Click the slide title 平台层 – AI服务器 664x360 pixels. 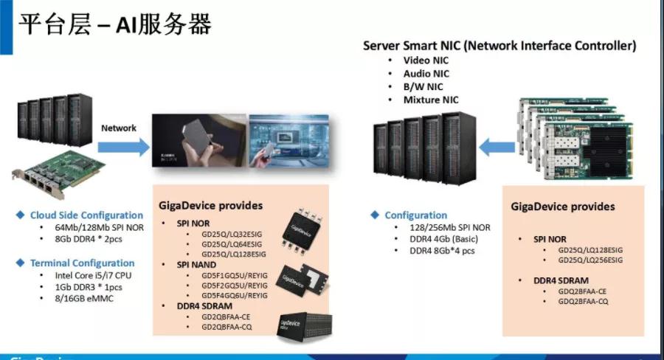click(x=114, y=24)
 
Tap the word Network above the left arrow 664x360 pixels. click(x=119, y=128)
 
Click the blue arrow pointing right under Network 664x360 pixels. click(x=122, y=147)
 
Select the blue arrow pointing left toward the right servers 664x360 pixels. click(x=495, y=148)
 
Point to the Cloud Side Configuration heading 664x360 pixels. click(x=86, y=215)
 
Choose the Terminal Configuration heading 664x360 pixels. click(x=82, y=263)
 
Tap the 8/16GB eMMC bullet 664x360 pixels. click(x=80, y=298)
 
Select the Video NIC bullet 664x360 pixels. click(x=426, y=60)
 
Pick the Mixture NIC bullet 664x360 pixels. click(x=430, y=100)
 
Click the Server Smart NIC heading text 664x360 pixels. click(x=499, y=45)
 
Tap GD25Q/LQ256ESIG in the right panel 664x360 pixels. click(x=590, y=260)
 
